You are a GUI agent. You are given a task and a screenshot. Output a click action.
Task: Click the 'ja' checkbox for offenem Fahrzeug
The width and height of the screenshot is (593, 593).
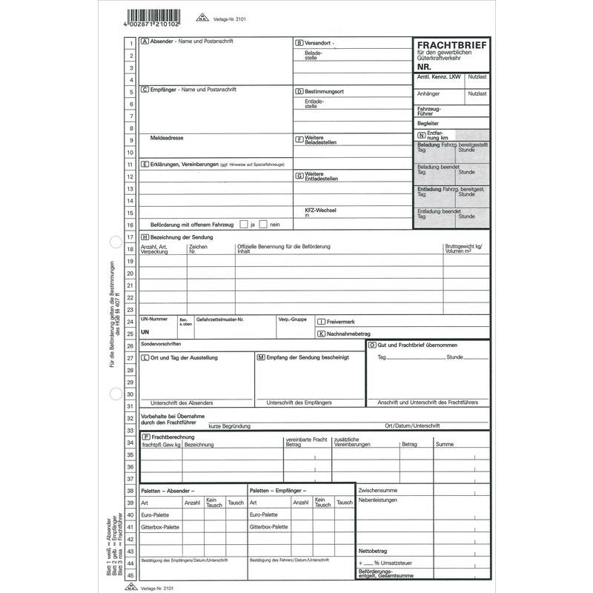(243, 224)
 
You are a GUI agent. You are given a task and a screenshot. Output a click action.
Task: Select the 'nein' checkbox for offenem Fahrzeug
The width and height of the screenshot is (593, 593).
(265, 224)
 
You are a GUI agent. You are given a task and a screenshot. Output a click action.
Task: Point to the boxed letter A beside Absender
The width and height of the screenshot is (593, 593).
(145, 42)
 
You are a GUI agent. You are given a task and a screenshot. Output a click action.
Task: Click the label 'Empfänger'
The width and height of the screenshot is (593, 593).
(163, 90)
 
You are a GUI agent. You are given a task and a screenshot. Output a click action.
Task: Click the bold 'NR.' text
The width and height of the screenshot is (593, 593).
(424, 67)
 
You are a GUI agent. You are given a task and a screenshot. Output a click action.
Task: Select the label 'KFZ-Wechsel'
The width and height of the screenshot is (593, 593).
(320, 211)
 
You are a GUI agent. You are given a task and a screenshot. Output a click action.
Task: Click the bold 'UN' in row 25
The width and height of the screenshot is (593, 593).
(145, 333)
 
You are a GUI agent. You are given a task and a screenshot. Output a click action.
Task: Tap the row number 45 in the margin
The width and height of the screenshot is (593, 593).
(130, 575)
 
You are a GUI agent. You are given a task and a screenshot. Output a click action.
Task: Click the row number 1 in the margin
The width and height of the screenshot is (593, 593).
(130, 43)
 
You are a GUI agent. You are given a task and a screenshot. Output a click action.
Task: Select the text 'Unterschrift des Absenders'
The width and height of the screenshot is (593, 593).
(182, 402)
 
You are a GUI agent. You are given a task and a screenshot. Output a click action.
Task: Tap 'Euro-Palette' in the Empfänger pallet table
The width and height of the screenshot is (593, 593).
(264, 514)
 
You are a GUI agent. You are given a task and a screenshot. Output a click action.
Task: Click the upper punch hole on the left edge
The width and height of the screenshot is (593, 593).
(113, 242)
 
